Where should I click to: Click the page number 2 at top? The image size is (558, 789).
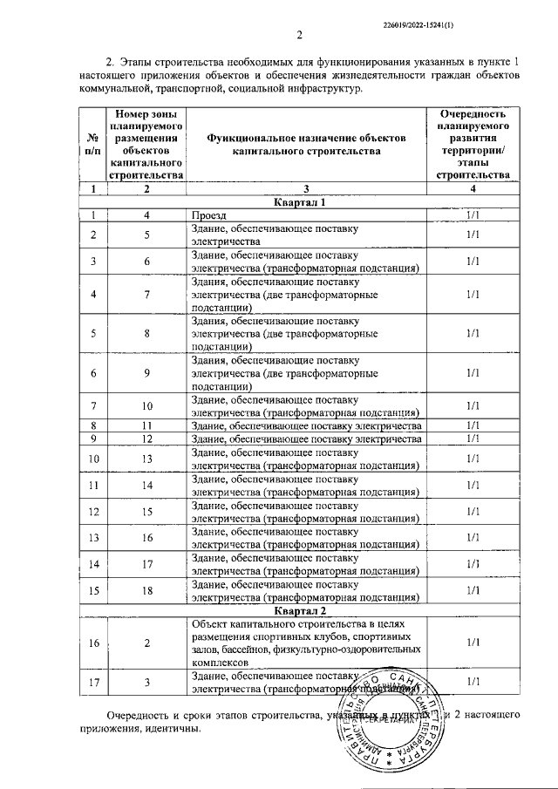click(x=298, y=36)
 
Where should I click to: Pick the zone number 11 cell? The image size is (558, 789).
click(x=147, y=425)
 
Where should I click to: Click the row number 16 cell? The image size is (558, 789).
click(x=94, y=643)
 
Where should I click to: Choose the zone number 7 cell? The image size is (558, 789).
click(x=147, y=294)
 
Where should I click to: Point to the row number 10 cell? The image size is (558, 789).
click(x=94, y=458)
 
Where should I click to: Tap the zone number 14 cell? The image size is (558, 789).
click(x=147, y=484)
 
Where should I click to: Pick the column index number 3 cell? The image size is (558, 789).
click(x=306, y=188)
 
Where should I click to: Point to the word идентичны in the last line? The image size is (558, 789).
click(x=171, y=729)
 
